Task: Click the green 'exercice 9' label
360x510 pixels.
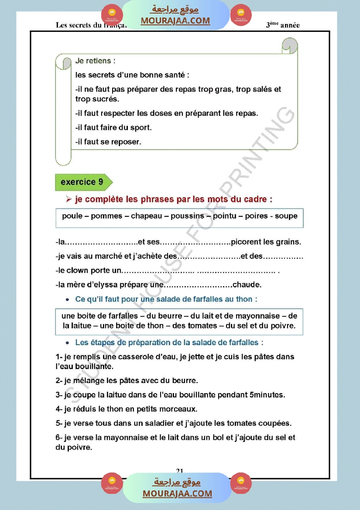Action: coord(82,182)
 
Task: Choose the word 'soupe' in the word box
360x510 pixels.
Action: coord(286,216)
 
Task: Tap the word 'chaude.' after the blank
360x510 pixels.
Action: coord(247,285)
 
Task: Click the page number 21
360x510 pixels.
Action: coord(179,470)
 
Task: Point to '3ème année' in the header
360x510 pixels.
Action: coord(283,25)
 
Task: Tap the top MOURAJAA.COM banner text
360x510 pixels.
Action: coord(175,21)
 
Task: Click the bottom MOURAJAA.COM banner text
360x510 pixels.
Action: coord(177,493)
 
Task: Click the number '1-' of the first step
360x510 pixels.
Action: coord(59,357)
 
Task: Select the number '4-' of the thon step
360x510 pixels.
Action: coord(59,409)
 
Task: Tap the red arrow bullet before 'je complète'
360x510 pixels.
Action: coord(68,199)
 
